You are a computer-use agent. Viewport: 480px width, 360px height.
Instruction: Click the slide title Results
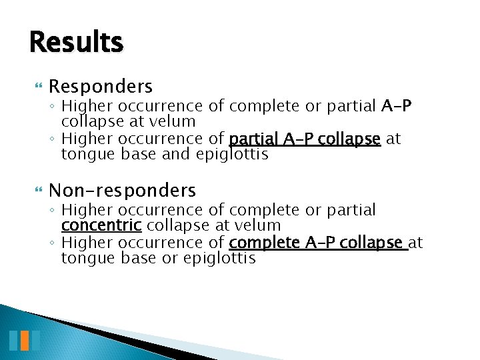[76, 42]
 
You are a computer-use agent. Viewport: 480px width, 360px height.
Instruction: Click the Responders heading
[101, 87]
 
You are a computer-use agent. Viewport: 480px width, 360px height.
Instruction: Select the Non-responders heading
[122, 191]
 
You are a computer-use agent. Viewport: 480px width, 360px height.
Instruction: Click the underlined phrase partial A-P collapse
[305, 139]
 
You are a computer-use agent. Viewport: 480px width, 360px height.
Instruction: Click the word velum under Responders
[175, 121]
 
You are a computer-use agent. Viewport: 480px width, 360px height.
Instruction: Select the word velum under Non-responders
[260, 226]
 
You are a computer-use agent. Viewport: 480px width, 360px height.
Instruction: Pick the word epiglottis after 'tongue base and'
[232, 155]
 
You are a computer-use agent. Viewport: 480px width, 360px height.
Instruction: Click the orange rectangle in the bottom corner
[24, 340]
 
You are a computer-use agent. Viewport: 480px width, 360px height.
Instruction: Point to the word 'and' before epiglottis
[177, 155]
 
